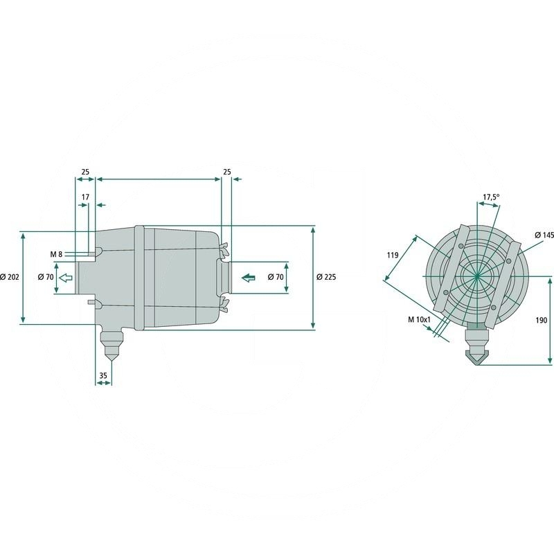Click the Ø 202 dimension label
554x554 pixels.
[x=10, y=277]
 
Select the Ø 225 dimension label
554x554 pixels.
[x=326, y=277]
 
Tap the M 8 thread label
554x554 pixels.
[x=56, y=254]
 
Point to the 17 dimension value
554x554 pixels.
[x=85, y=197]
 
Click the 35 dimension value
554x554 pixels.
[x=102, y=375]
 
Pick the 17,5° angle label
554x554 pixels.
[x=491, y=197]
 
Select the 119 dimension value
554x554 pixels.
[x=393, y=255]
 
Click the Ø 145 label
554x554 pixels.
[x=544, y=235]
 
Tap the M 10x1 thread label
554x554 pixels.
[x=420, y=320]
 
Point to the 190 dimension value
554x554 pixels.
[x=542, y=320]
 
